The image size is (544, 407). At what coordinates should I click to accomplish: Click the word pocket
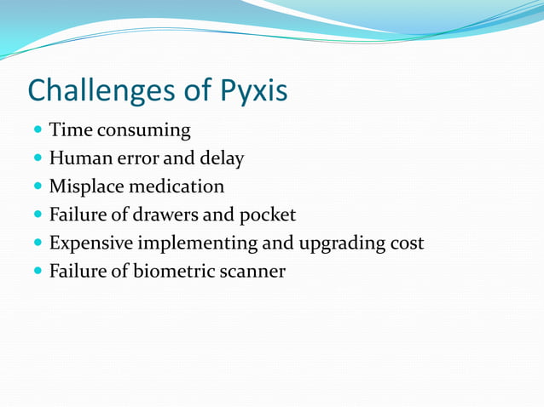(x=269, y=215)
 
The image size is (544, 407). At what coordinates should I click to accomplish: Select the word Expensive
(x=90, y=243)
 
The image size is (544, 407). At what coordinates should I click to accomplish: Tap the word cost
(x=406, y=243)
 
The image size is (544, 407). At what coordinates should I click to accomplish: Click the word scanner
(x=252, y=271)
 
